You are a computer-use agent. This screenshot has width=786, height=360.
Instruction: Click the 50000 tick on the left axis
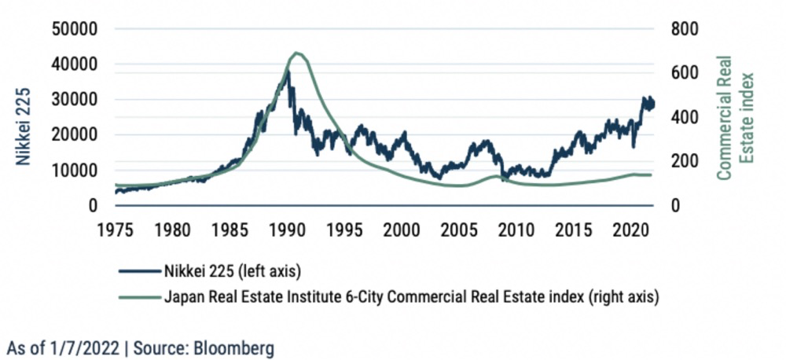(x=73, y=29)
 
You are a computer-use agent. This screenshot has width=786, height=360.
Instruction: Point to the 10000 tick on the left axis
(x=73, y=170)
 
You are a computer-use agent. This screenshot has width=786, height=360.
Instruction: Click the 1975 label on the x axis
(x=114, y=230)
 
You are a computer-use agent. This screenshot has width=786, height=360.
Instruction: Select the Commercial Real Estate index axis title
(x=733, y=116)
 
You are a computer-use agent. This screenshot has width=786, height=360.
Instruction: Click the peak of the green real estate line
(x=296, y=53)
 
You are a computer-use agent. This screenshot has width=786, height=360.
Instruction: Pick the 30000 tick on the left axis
(x=73, y=100)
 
